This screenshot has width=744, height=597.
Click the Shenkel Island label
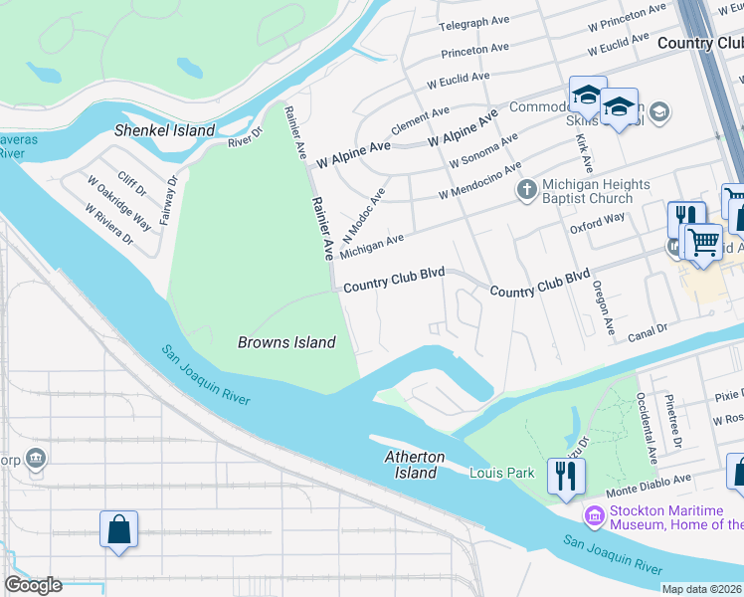165,130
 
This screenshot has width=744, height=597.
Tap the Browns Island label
285,342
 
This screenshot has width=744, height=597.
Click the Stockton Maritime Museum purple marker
595,515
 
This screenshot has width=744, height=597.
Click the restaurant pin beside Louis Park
567,475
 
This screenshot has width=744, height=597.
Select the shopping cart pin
703,242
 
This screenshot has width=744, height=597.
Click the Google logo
33,584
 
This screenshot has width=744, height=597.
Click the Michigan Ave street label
372,247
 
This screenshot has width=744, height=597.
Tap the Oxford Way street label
597,223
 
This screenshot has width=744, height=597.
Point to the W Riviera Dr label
109,225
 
